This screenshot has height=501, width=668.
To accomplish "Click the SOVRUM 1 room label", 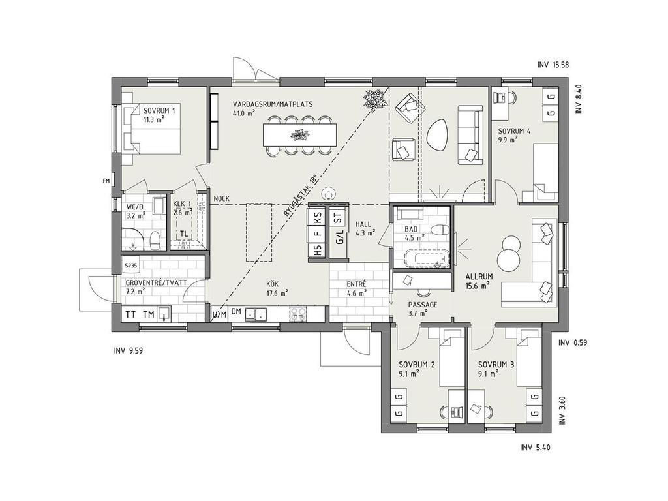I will tap(159, 111).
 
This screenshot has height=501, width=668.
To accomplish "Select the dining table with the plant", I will tap(301, 136).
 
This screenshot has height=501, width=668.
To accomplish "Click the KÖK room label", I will tap(273, 284).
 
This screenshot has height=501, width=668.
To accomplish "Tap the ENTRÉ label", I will tap(356, 284).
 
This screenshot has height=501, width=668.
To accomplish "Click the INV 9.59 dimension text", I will tap(128, 350).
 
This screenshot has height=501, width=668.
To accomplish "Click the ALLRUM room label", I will tap(478, 276).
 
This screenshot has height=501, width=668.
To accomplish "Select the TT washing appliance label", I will tap(131, 314).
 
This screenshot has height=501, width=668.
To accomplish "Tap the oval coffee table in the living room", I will tap(438, 134).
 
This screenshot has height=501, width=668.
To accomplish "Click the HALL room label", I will tap(363, 224).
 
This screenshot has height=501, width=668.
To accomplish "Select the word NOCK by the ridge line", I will tap(221, 198).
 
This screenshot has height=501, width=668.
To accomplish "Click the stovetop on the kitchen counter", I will tap(297, 314).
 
